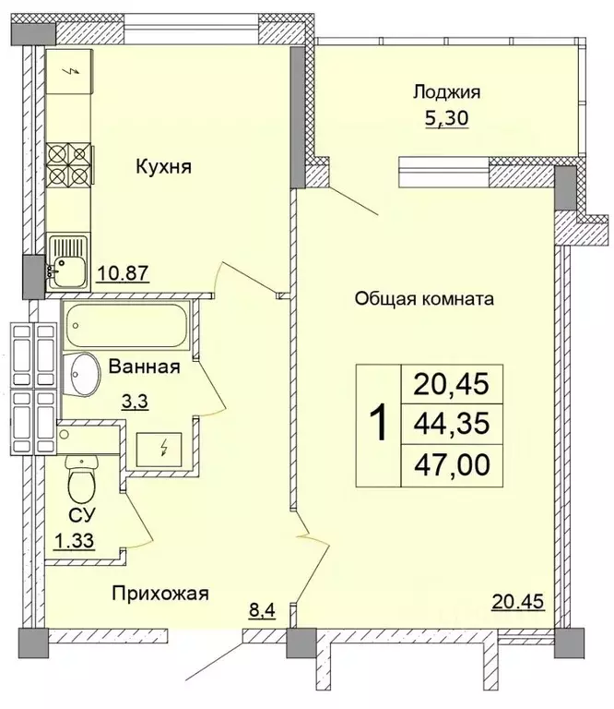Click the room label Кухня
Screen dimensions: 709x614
coord(163,167)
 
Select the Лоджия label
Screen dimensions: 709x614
coord(447,91)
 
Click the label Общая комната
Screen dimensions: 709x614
coord(426,299)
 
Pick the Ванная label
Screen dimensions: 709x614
coord(143,367)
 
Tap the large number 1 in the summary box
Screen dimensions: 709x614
coord(378,425)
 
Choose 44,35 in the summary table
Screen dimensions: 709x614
coord(453,425)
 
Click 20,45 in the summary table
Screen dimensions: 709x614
coord(453,382)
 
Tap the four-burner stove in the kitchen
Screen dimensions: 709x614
coord(70,164)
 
